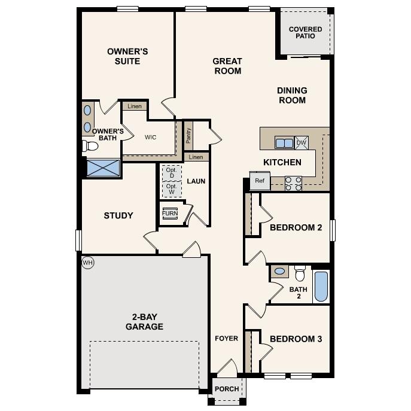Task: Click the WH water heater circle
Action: (88, 262)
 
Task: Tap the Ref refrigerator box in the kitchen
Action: (260, 181)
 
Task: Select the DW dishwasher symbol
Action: (302, 142)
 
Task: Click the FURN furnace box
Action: (170, 214)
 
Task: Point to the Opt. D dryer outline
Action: (172, 172)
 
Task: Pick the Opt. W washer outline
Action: (172, 189)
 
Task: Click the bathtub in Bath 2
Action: (321, 287)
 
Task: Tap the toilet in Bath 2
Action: (300, 273)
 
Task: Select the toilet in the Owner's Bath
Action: (91, 145)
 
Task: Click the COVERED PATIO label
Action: (305, 32)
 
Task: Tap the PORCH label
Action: (227, 389)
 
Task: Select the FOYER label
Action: (227, 339)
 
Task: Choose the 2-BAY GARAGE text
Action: (144, 322)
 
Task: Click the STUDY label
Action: (118, 215)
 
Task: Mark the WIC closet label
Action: (150, 137)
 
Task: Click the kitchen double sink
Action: (284, 143)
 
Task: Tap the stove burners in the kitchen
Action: (293, 183)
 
